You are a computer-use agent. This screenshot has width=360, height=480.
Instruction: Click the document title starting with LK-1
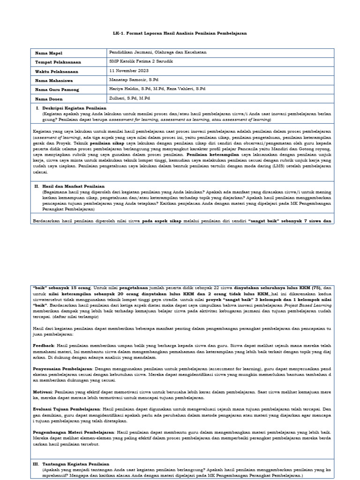click(x=180, y=34)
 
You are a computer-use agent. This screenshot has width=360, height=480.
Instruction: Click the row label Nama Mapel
click(x=48, y=53)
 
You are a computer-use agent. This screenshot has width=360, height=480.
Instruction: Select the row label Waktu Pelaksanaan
click(x=56, y=72)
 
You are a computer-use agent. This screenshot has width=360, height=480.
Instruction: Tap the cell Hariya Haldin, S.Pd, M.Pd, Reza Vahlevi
click(x=157, y=89)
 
